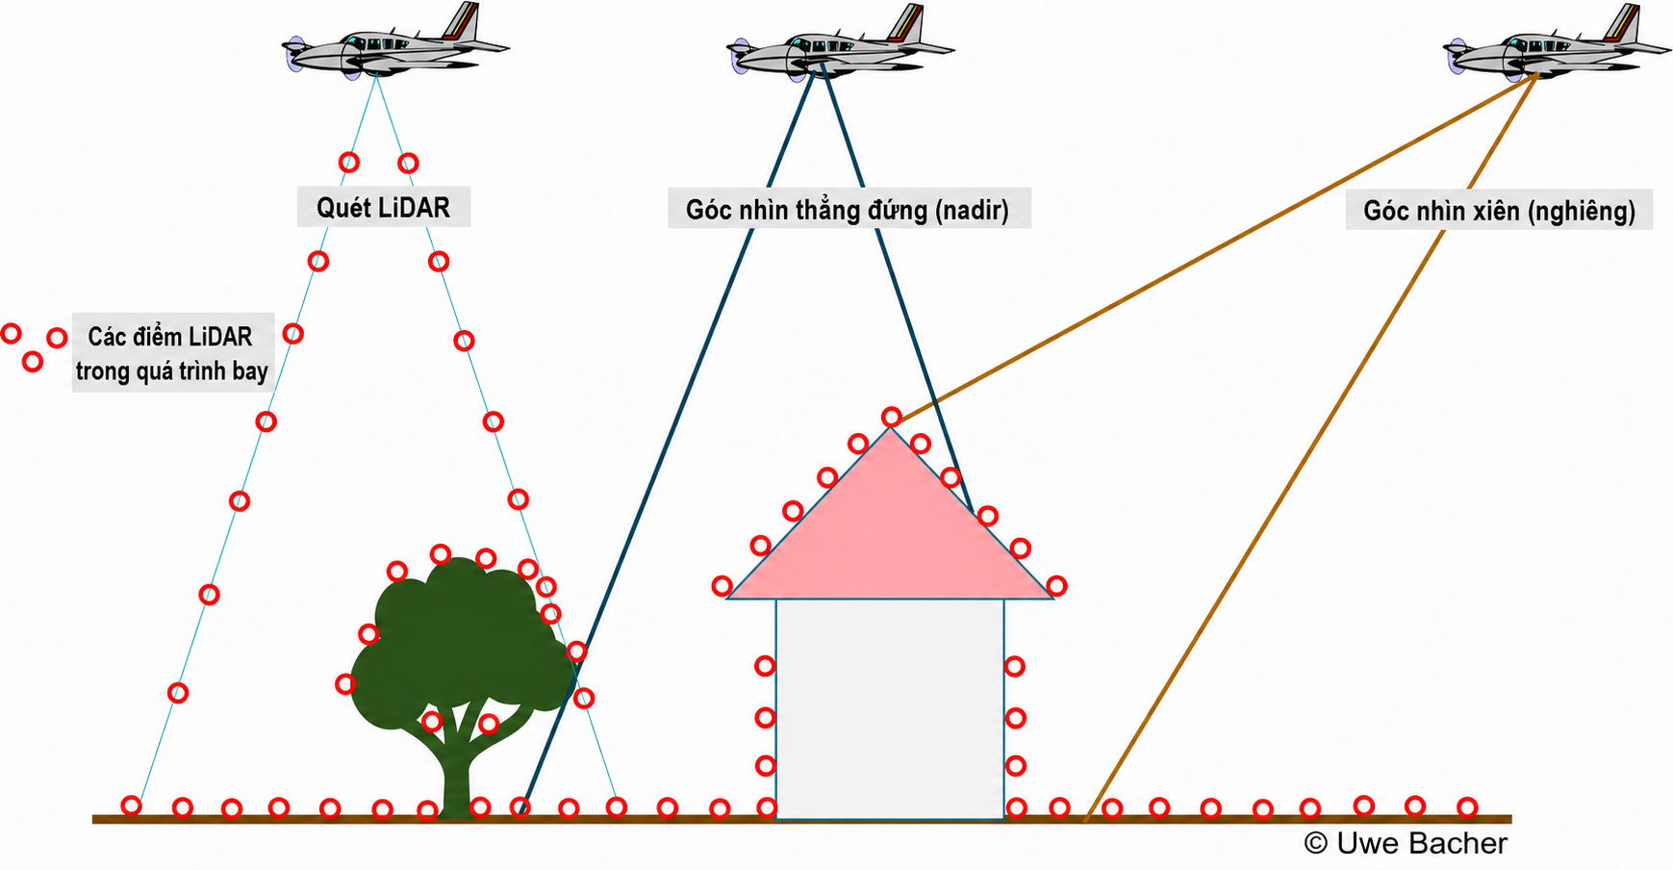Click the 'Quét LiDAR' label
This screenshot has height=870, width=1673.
[383, 207]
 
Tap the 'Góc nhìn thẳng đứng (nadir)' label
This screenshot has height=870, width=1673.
[848, 210]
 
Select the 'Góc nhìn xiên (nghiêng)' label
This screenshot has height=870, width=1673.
[1499, 211]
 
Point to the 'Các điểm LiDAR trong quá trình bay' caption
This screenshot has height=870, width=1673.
[171, 353]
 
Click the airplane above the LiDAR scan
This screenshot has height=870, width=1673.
[395, 42]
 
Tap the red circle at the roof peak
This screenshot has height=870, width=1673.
[892, 417]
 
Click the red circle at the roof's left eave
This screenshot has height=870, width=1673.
[722, 585]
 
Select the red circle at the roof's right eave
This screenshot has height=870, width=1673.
[1056, 585]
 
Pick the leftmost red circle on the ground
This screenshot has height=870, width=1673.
[131, 806]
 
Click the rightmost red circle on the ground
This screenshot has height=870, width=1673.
[1466, 806]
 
